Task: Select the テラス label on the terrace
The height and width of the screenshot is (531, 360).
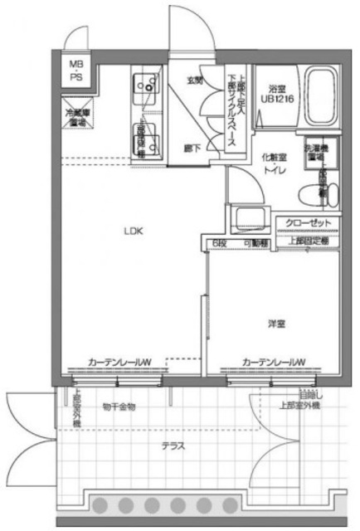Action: [x=173, y=446]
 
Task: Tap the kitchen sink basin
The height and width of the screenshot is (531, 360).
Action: [x=144, y=85]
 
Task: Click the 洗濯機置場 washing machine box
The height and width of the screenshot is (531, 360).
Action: [x=316, y=151]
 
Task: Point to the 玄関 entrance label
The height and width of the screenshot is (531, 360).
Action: [x=194, y=81]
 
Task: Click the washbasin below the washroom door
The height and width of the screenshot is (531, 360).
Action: [x=248, y=220]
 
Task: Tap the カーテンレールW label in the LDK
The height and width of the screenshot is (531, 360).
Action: [x=119, y=362]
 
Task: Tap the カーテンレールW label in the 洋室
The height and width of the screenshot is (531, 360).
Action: [x=274, y=362]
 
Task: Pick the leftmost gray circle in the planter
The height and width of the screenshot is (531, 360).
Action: [x=103, y=505]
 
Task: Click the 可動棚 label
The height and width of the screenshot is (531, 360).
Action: [x=255, y=243]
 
